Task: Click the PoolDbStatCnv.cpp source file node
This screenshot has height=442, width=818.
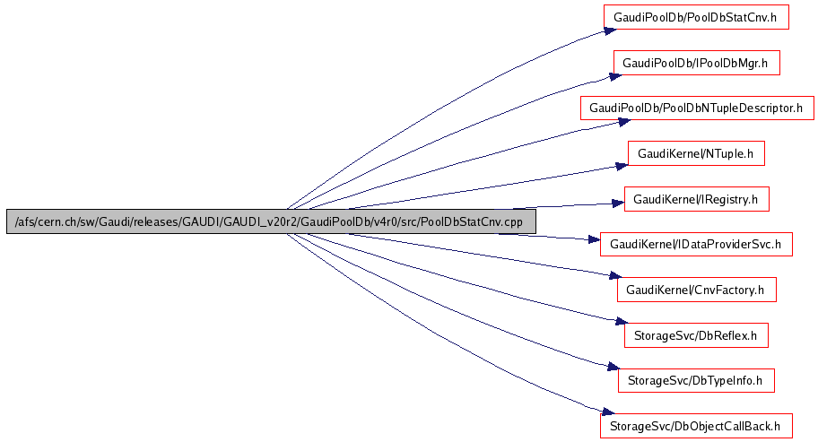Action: [x=270, y=221]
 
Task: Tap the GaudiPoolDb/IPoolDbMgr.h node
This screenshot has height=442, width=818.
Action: [x=695, y=63]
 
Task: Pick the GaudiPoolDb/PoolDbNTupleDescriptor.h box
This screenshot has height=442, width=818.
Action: [x=696, y=108]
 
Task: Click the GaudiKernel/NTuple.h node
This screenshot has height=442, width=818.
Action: [x=695, y=153]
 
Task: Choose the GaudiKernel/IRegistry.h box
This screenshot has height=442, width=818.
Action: [x=696, y=198]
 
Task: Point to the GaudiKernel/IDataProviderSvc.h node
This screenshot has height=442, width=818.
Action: [x=696, y=244]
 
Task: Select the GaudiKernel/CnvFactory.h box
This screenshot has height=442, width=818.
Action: [x=696, y=289]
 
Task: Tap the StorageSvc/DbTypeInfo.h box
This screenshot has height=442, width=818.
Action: [x=696, y=379]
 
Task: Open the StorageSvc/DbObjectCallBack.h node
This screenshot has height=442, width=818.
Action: [x=696, y=424]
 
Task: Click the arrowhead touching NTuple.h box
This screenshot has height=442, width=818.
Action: [x=620, y=164]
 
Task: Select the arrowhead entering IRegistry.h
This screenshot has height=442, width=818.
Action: [x=617, y=204]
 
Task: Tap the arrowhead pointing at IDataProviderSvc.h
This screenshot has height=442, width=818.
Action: [x=593, y=240]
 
